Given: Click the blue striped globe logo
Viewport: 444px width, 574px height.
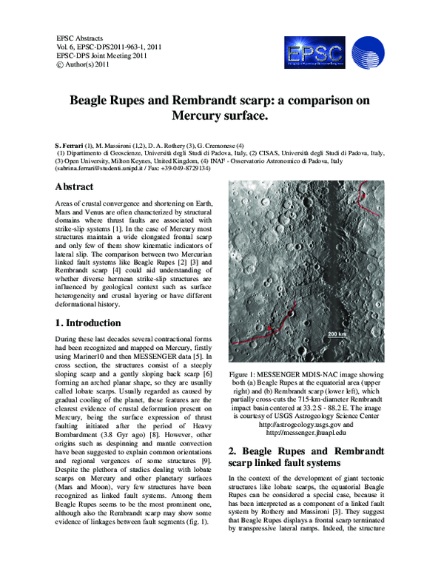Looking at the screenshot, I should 368,53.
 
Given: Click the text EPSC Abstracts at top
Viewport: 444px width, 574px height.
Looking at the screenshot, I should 80,38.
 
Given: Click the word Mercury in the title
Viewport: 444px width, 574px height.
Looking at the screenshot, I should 198,116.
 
